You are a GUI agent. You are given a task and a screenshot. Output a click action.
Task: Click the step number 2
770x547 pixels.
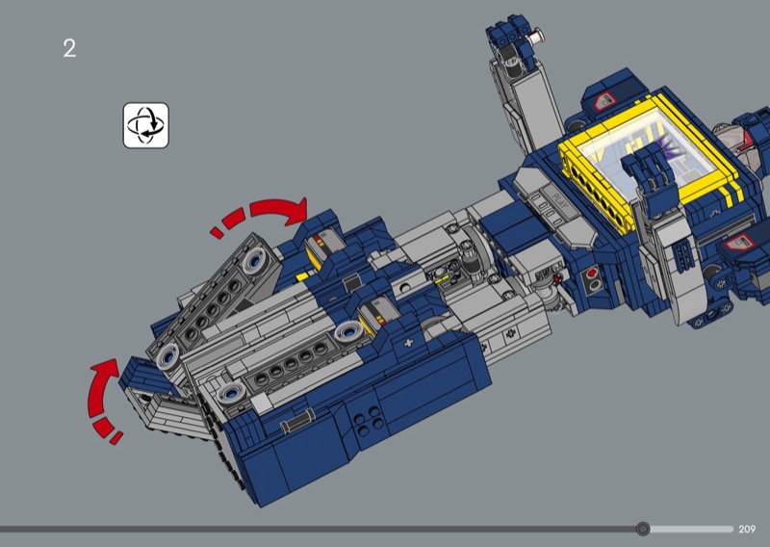click(69, 49)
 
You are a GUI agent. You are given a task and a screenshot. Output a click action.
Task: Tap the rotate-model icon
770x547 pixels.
click(146, 125)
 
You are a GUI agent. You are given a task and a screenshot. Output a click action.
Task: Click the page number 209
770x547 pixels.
click(747, 529)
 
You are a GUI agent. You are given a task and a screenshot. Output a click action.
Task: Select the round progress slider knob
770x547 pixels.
click(643, 529)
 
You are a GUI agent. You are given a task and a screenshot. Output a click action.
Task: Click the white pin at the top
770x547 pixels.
click(537, 36)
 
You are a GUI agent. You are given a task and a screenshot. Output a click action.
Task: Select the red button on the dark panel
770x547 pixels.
click(592, 273)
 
